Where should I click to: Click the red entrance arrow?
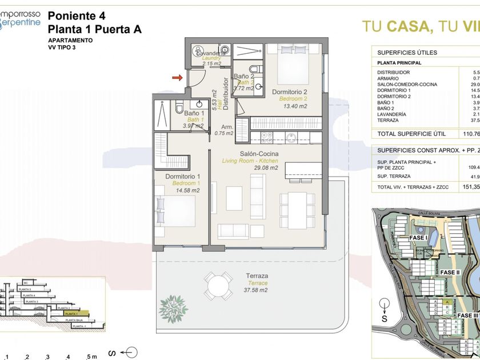pos(178,77)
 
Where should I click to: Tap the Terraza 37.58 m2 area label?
pos(257,283)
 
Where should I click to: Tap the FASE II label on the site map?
pos(450,272)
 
